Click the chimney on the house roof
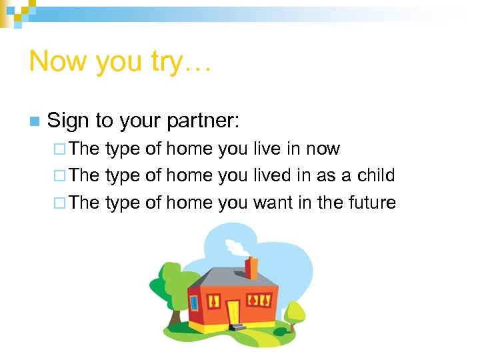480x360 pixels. tap(251, 267)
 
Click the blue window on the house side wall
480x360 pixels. tap(195, 303)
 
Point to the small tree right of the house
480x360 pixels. tap(293, 312)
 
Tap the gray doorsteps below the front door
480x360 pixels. tap(236, 327)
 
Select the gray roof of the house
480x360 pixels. tap(230, 277)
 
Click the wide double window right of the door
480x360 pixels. tap(259, 300)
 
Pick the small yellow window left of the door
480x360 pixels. tap(214, 301)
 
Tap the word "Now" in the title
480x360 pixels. tap(59, 61)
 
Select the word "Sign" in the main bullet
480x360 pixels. tap(69, 121)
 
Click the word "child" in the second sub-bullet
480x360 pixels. tap(376, 175)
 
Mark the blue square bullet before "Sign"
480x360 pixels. tap(34, 121)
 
